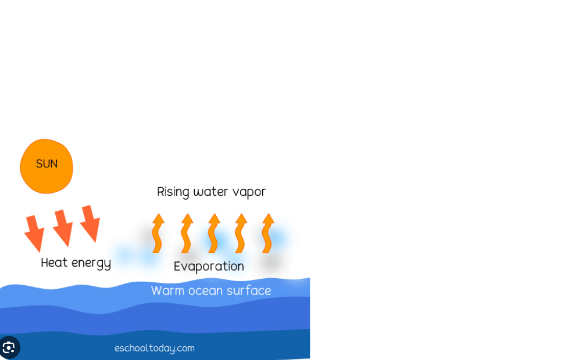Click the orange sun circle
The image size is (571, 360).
tap(46, 166)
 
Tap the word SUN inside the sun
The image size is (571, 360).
tap(47, 164)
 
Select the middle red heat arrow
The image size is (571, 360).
tap(63, 228)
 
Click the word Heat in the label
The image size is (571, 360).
tap(54, 262)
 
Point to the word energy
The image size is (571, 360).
tap(92, 263)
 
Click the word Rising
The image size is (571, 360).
tap(173, 192)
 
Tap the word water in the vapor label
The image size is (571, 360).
tap(211, 192)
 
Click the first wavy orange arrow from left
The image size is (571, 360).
tap(158, 233)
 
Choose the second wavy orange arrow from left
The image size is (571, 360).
tap(187, 233)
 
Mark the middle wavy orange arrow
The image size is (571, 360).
tap(214, 233)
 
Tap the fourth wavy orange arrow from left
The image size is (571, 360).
tap(241, 233)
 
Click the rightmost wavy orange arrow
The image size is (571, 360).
tap(268, 233)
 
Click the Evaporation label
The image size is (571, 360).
tap(209, 266)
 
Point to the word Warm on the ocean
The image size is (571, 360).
tap(168, 291)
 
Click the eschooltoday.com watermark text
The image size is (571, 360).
tap(154, 348)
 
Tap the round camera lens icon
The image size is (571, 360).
tap(9, 347)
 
